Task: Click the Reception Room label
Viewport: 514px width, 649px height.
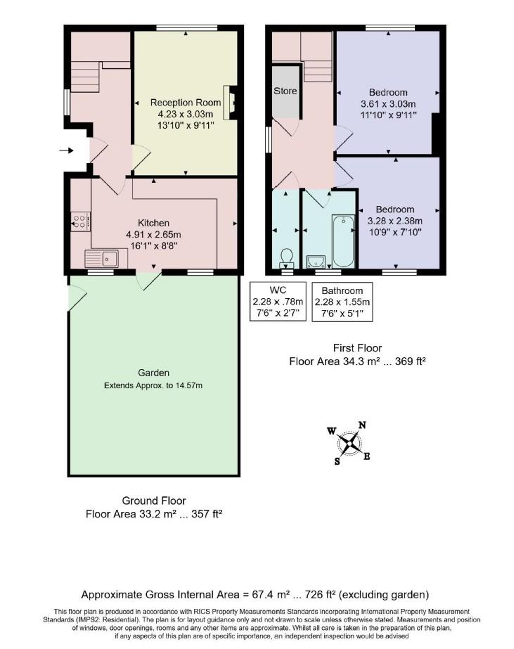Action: [x=186, y=102]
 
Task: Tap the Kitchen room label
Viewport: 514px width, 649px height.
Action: [x=153, y=223]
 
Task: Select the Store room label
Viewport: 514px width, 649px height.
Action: [x=285, y=91]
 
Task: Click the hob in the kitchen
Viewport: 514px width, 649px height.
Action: [x=81, y=221]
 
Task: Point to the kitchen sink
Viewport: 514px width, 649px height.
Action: [x=101, y=259]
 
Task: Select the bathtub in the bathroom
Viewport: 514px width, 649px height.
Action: [x=343, y=241]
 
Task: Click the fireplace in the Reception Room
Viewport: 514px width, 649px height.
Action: [x=230, y=102]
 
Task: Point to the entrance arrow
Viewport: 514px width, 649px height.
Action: [x=66, y=150]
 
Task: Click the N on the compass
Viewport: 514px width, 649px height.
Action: [x=362, y=425]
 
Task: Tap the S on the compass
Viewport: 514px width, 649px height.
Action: [x=338, y=461]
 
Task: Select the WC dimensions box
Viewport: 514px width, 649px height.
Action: [x=278, y=302]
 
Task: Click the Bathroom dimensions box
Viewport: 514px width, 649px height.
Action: [x=342, y=302]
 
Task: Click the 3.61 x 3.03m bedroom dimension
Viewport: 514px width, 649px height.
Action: [x=388, y=104]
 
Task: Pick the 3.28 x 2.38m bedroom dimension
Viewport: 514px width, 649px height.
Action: [x=394, y=221]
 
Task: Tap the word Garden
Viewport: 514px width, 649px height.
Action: [x=153, y=373]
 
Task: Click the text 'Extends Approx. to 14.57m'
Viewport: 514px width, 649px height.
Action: [x=153, y=386]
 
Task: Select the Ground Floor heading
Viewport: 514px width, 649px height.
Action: [x=154, y=501]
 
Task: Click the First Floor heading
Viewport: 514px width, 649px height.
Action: [x=358, y=348]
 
